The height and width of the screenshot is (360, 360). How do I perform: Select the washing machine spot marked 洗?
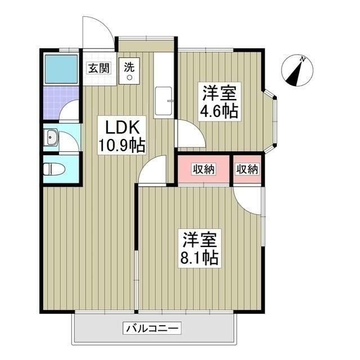129,70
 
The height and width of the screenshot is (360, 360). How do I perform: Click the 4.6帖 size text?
219,111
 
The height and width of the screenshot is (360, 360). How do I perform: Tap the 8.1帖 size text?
199,258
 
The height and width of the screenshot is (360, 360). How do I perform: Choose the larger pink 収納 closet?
203,169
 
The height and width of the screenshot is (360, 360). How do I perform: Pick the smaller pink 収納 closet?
247,169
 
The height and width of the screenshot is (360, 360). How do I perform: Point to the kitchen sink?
164,101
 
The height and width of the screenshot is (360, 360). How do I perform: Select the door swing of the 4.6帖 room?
187,135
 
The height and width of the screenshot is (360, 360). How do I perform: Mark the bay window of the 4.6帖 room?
272,121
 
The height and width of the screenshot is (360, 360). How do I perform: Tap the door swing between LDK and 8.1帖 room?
152,170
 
